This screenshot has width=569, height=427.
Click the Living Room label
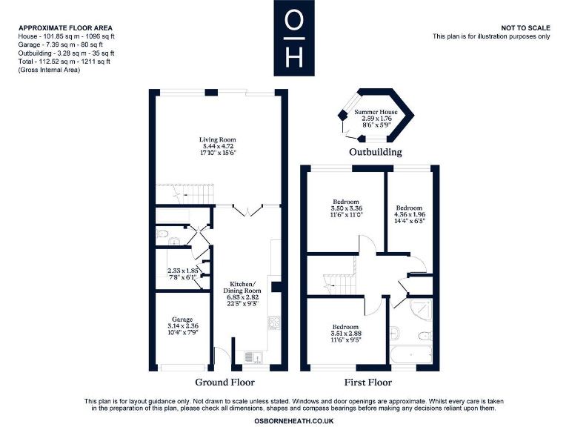(x=216, y=139)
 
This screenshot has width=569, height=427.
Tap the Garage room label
(x=182, y=319)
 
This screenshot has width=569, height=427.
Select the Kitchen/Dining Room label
(x=242, y=288)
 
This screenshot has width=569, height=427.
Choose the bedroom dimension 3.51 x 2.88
(x=345, y=334)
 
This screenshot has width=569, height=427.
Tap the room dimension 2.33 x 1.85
(x=182, y=271)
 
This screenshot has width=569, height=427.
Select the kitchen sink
(x=246, y=357)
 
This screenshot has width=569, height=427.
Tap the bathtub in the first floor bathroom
(x=411, y=357)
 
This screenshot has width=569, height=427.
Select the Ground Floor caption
(x=224, y=383)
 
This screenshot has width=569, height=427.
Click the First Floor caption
(x=367, y=383)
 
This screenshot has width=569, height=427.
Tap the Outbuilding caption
(x=376, y=152)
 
